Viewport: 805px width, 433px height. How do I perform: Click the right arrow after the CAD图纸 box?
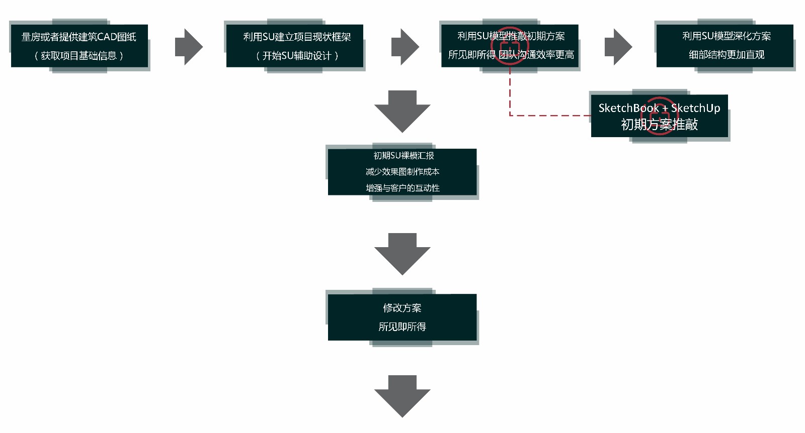pos(188,47)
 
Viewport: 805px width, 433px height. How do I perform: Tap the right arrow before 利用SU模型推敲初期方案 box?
pos(405,47)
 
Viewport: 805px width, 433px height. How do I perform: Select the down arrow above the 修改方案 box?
pos(403,253)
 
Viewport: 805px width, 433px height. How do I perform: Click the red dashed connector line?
pos(548,115)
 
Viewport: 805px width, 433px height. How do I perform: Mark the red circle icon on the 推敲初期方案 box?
pos(510,46)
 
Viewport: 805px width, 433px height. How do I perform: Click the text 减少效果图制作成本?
pos(403,172)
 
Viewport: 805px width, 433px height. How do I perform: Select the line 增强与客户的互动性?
pos(403,188)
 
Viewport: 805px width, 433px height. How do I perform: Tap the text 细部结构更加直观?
pos(726,55)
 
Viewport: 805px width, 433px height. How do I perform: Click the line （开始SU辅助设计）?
pos(297,56)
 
